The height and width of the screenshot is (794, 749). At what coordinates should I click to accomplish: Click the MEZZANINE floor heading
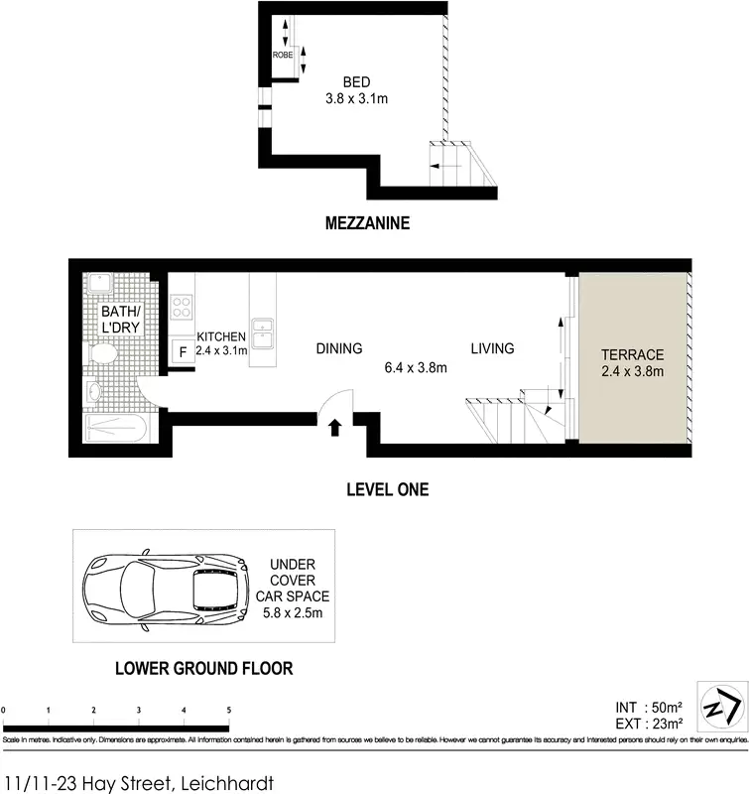click(x=367, y=224)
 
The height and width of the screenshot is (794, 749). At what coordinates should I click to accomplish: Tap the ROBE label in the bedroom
click(x=283, y=55)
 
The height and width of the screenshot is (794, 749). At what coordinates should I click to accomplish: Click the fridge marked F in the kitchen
click(x=183, y=352)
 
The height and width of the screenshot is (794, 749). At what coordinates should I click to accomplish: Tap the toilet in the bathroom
click(x=102, y=354)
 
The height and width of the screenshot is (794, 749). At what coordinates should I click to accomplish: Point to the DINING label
click(x=339, y=348)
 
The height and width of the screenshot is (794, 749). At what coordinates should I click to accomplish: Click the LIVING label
click(x=492, y=348)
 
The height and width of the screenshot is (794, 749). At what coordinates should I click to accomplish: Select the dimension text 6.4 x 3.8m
click(x=416, y=367)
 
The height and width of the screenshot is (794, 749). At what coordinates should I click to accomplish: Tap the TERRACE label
click(x=632, y=354)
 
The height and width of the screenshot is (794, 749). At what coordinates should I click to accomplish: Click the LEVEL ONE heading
click(x=387, y=489)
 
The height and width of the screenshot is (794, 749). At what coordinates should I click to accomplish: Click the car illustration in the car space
click(x=166, y=589)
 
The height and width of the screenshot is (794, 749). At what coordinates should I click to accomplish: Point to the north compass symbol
click(x=721, y=706)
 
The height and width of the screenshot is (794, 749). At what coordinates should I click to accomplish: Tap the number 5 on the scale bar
click(x=229, y=711)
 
